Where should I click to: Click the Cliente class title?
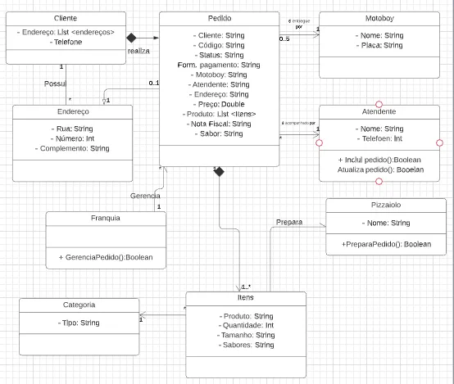tap(65, 18)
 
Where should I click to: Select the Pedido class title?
tap(219, 18)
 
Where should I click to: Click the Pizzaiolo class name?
tap(385, 205)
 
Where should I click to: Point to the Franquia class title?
tap(106, 218)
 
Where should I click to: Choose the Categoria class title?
tap(79, 305)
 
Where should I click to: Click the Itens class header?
tap(246, 298)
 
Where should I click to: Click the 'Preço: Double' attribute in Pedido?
tap(219, 103)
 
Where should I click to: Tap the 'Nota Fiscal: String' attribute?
tap(218, 123)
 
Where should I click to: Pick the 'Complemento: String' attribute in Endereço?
tap(73, 148)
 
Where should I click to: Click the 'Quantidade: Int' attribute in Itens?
tap(246, 325)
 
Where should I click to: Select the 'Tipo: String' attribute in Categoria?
tap(79, 323)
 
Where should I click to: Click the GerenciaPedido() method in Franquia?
tap(106, 257)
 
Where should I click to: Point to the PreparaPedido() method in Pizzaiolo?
tap(385, 244)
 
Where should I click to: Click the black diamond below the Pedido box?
tap(218, 170)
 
